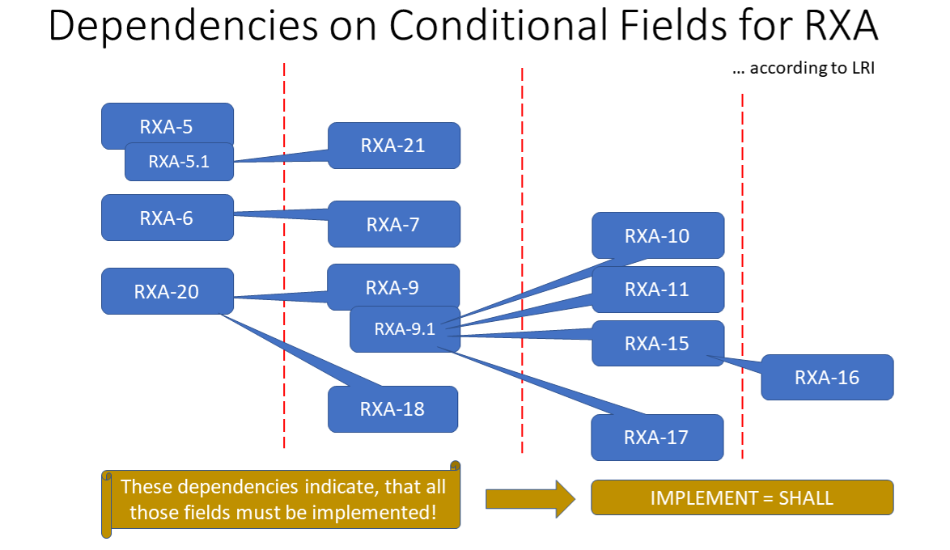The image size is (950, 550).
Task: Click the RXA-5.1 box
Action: tap(179, 162)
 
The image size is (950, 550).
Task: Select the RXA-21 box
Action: tap(393, 146)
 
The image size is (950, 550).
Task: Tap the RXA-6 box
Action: tap(167, 218)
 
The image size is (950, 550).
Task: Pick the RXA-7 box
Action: tap(393, 224)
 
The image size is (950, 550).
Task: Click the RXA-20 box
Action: tap(167, 291)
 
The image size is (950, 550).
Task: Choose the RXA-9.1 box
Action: tap(405, 329)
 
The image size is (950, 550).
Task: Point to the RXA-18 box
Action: tap(392, 408)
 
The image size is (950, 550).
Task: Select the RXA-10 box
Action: tap(657, 235)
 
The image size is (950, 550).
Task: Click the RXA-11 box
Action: tap(657, 289)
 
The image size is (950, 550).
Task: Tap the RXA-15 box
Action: tap(657, 343)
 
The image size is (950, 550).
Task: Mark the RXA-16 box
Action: tap(827, 377)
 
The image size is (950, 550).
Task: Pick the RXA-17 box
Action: tap(656, 437)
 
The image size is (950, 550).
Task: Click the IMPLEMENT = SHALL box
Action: tap(742, 497)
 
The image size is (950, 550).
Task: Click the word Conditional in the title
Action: tap(498, 27)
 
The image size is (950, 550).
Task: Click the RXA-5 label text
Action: tap(167, 127)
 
